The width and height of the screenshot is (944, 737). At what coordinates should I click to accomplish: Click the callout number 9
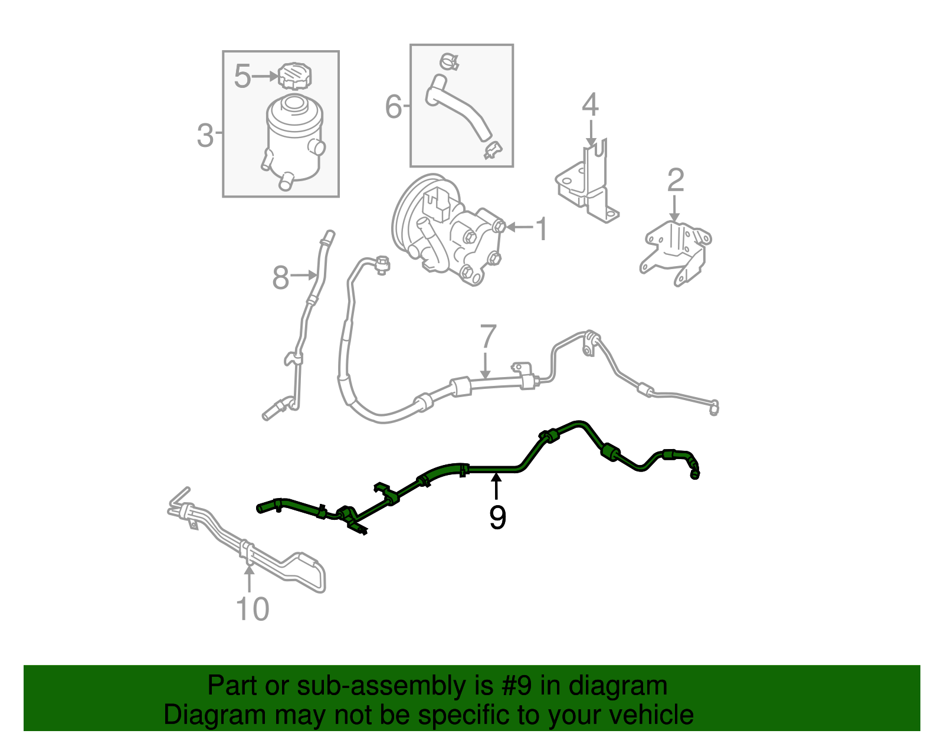click(497, 517)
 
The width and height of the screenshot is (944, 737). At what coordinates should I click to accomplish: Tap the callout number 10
click(253, 609)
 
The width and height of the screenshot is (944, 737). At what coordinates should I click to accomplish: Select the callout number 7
click(488, 337)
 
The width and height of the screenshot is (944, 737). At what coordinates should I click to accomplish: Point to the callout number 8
click(281, 277)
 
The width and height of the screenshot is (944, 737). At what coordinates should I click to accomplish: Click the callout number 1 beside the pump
click(540, 229)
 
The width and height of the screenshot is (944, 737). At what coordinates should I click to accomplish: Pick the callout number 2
click(675, 180)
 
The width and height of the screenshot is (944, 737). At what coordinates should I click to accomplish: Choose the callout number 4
click(590, 105)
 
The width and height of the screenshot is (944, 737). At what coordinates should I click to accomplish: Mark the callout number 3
click(204, 135)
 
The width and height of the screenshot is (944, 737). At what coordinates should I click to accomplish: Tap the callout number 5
click(242, 76)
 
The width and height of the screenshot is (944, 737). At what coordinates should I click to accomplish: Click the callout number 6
click(393, 107)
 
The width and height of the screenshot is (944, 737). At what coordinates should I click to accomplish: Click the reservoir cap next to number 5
click(295, 76)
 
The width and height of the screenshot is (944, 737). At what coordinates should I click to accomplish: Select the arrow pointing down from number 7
click(485, 366)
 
